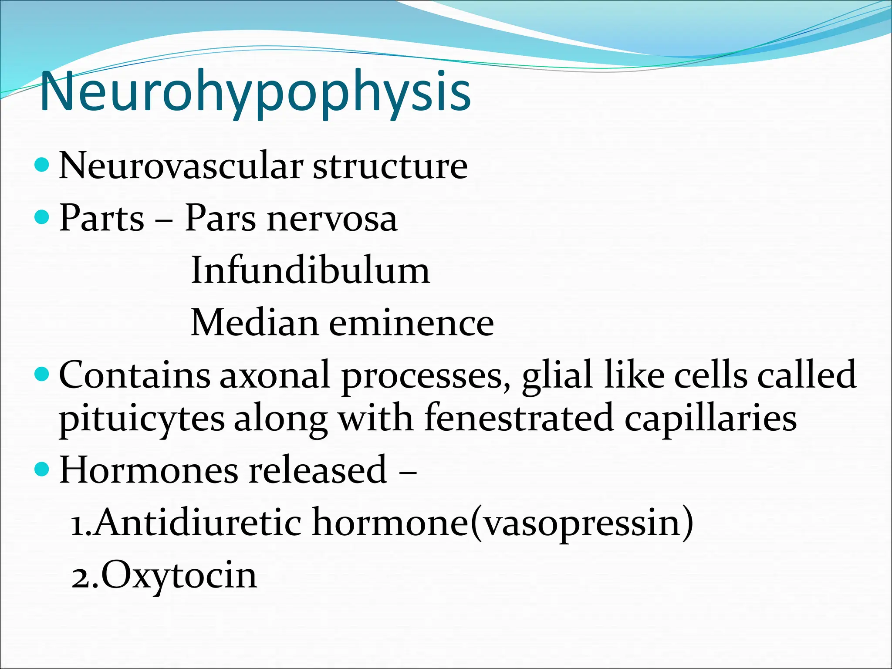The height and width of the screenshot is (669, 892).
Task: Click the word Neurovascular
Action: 181,166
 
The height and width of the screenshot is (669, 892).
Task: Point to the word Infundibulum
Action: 310,270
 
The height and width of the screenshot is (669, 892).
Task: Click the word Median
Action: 255,323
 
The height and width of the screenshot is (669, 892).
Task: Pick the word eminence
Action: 412,323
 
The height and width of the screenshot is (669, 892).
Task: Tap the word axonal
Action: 274,375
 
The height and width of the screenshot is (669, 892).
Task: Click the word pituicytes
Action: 142,419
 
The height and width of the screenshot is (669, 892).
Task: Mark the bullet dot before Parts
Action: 42,216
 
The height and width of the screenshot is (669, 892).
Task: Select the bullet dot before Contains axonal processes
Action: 42,373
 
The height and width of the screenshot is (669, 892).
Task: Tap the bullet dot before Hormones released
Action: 42,469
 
